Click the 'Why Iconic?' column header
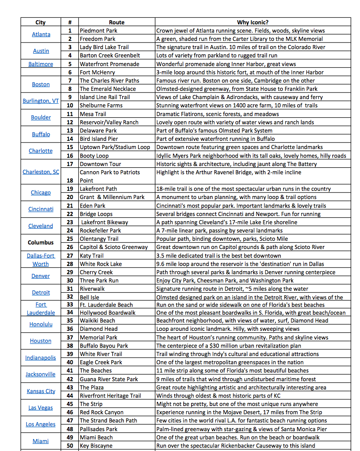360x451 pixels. click(253, 22)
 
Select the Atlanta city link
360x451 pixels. click(41, 35)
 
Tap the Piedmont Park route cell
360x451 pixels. click(98, 31)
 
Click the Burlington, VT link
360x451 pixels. click(41, 101)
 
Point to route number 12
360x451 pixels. click(70, 122)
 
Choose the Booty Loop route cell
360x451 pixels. click(94, 156)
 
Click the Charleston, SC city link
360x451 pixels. click(41, 172)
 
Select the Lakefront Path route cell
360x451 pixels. click(98, 189)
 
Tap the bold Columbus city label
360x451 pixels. click(41, 242)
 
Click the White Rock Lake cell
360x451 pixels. click(101, 264)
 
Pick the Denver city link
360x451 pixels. click(41, 276)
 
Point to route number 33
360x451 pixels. click(70, 305)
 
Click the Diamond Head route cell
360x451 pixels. click(99, 329)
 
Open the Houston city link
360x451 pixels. click(41, 341)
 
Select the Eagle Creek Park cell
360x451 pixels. click(101, 362)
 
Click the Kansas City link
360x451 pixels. click(41, 391)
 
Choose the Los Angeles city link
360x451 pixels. click(40, 424)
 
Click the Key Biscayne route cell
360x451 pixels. click(96, 446)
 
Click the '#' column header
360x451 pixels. click(70, 22)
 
